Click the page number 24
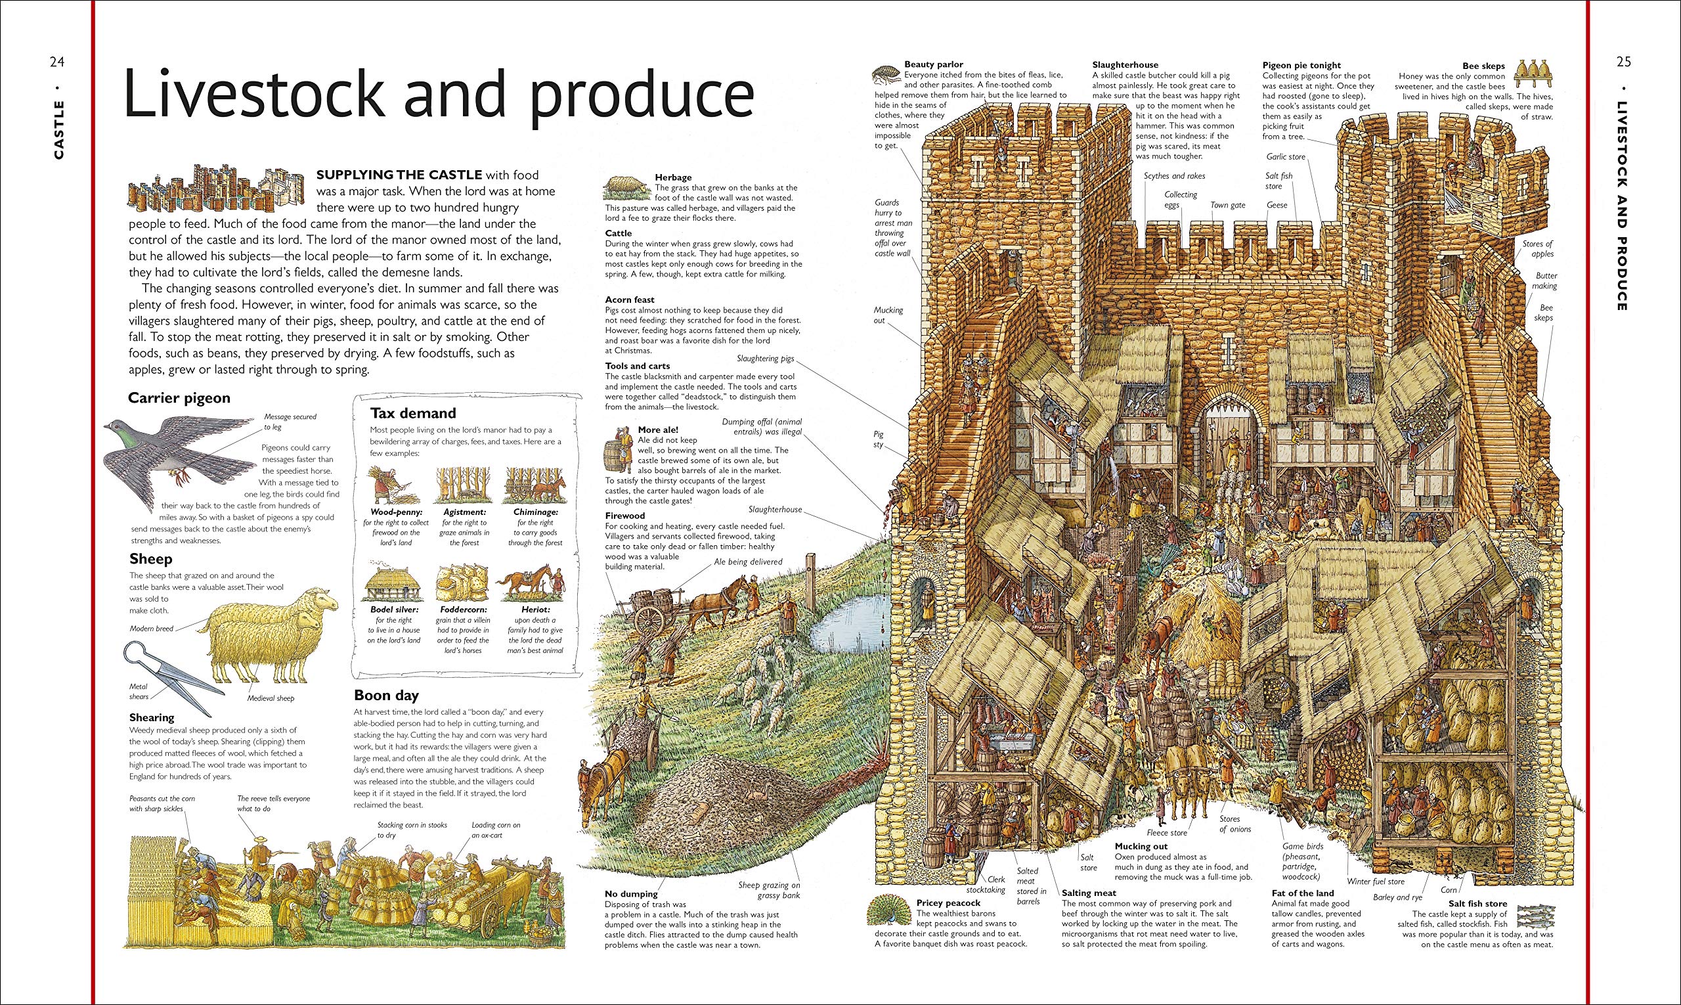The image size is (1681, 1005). (57, 62)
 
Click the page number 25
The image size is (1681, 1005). (1623, 62)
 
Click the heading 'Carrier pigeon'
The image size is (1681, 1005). (179, 397)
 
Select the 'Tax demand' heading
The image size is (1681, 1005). (413, 413)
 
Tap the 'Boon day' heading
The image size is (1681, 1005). (387, 695)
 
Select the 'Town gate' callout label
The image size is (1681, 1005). (1228, 205)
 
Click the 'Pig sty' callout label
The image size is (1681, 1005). (879, 439)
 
